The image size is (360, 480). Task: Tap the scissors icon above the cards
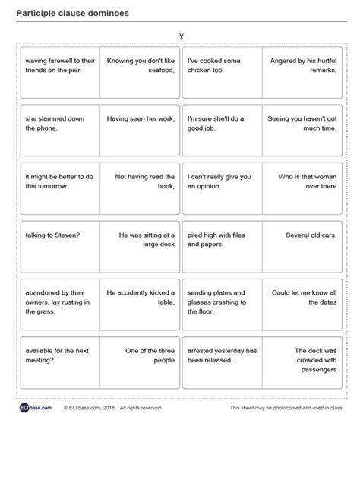(181, 35)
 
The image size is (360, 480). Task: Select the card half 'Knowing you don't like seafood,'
(141, 65)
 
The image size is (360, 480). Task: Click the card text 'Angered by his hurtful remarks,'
(303, 65)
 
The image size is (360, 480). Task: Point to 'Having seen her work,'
(141, 119)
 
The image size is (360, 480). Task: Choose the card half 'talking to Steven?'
(52, 235)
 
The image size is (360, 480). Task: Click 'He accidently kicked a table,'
(141, 297)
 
